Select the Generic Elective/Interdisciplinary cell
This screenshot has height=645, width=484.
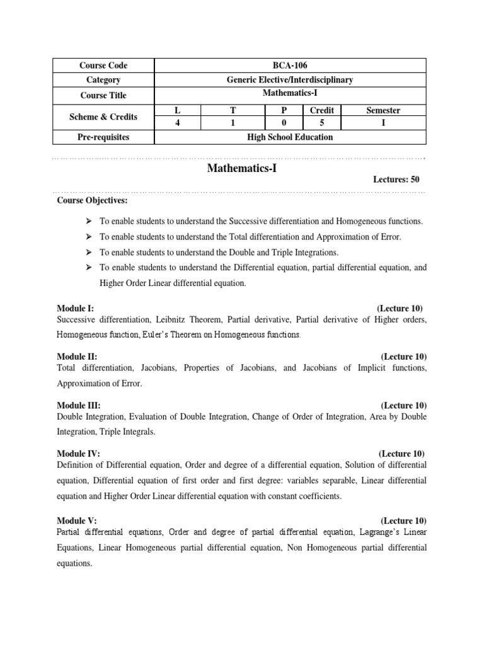point(289,80)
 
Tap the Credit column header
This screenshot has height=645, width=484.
point(321,110)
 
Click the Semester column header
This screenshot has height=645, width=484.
point(383,110)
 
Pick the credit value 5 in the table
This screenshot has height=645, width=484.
point(321,123)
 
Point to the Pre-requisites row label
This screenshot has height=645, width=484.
point(103,137)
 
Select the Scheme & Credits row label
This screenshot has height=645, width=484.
point(103,117)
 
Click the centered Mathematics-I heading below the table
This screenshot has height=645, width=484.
point(242,169)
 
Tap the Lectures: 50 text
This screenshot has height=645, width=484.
point(396,180)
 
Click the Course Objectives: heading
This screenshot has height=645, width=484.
point(91,200)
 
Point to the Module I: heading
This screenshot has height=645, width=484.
point(75,308)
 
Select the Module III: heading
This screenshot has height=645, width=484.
point(78,405)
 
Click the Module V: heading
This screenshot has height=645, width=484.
point(76,520)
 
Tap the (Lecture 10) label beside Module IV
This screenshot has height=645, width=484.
point(401,454)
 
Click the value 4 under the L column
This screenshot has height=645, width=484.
point(178,123)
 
